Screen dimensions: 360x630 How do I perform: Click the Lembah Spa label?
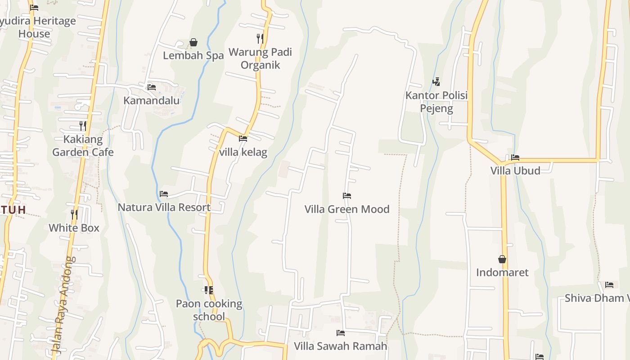click(193, 55)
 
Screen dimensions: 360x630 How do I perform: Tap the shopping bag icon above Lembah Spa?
click(193, 42)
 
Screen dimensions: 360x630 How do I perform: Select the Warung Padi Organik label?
click(260, 58)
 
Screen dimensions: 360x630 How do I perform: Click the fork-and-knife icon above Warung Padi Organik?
click(260, 38)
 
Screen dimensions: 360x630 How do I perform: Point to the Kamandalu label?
click(152, 100)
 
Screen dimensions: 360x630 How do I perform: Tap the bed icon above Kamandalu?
click(152, 87)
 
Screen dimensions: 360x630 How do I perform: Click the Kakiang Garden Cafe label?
click(83, 146)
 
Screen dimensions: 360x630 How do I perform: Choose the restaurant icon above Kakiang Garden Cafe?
click(83, 126)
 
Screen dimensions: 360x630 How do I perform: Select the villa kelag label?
click(243, 152)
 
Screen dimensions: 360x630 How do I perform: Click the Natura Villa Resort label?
click(164, 207)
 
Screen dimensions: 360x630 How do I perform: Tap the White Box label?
click(74, 228)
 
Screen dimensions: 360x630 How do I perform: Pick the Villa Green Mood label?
click(347, 209)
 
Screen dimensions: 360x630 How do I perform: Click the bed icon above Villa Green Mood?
click(347, 196)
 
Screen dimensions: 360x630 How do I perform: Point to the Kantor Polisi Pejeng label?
click(436, 102)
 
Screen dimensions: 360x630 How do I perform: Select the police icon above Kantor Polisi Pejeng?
click(436, 82)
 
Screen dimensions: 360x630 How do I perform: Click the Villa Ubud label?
click(515, 171)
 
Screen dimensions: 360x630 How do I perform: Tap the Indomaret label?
click(502, 272)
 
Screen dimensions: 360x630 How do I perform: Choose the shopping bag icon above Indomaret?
click(502, 259)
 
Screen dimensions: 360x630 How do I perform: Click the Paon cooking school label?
click(209, 310)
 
